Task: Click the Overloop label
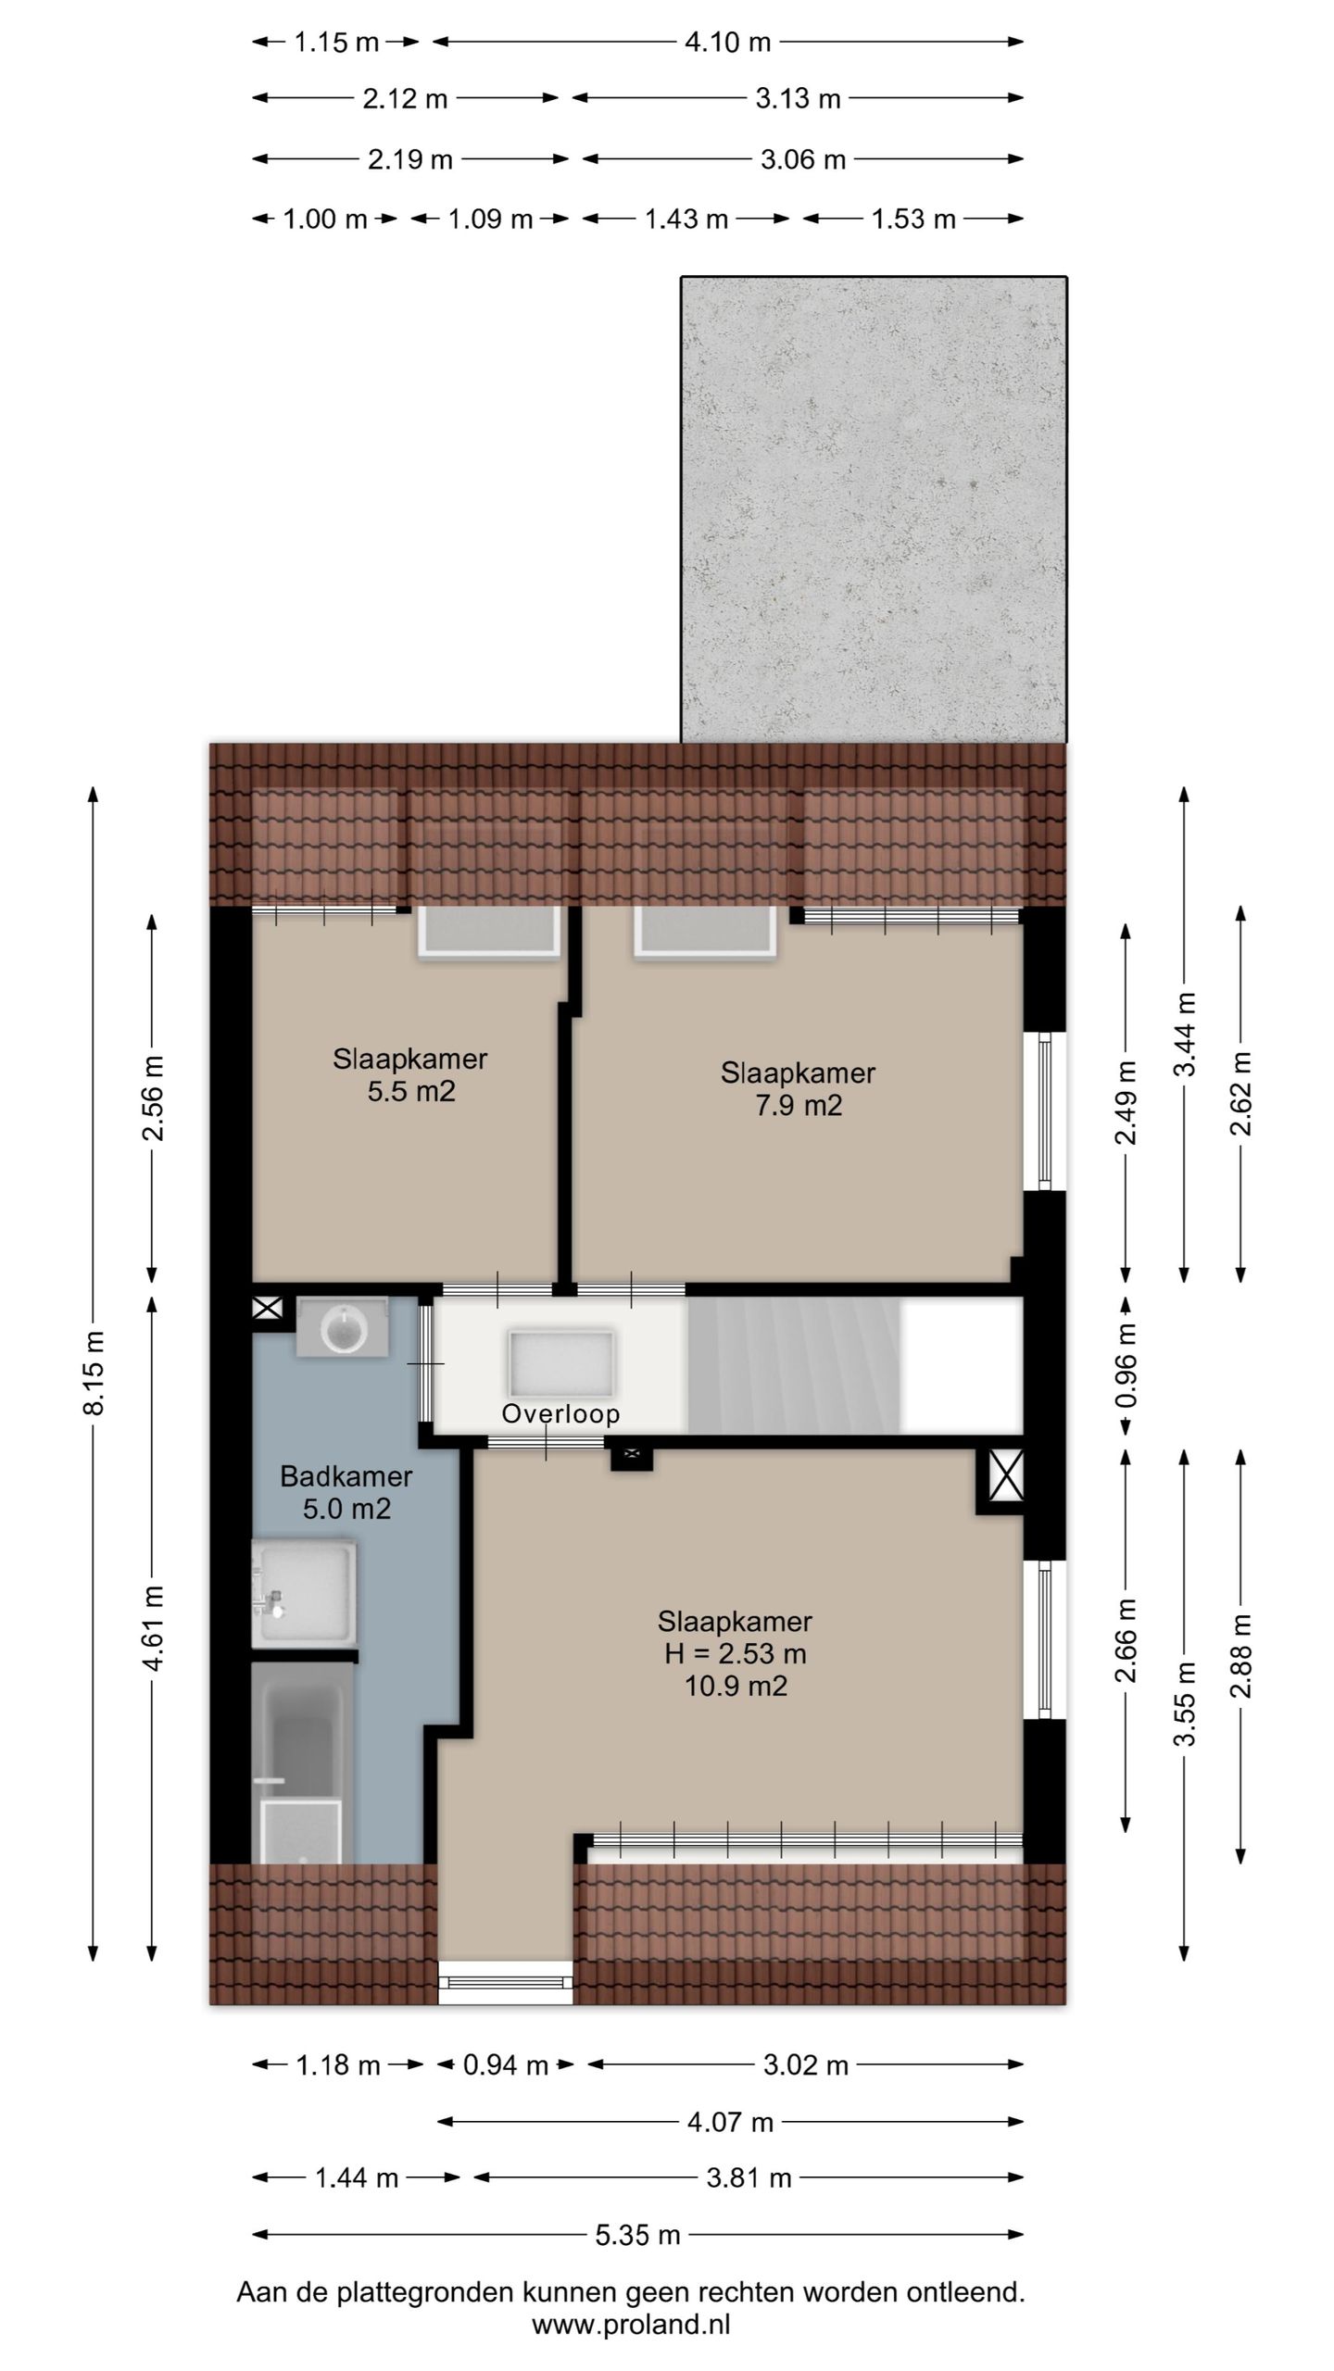(560, 1413)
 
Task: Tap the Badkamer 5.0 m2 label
(346, 1492)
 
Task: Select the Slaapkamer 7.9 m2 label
(798, 1088)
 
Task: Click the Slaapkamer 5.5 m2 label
(410, 1074)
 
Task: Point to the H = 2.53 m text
(736, 1653)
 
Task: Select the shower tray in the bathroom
(304, 1593)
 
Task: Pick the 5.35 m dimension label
(637, 2235)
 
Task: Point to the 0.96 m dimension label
(1126, 1364)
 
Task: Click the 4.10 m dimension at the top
(727, 42)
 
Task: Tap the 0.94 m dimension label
(506, 2064)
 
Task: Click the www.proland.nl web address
(631, 2324)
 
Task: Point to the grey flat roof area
(874, 509)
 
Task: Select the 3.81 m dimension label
(749, 2177)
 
